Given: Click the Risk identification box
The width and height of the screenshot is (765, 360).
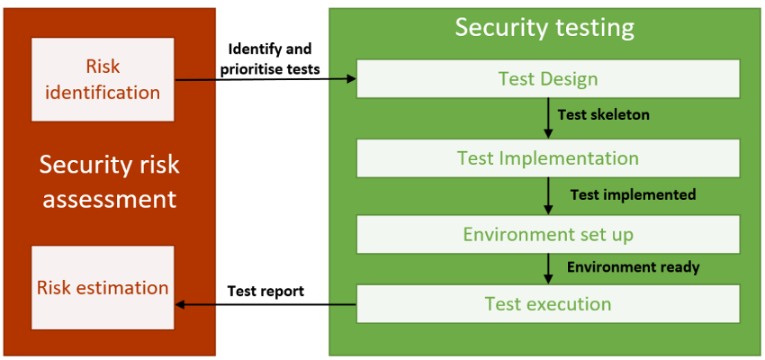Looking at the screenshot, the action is [x=103, y=79].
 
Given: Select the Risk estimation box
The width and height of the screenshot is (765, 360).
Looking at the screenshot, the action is [x=103, y=287].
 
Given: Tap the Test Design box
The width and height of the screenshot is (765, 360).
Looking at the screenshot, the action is [x=548, y=78].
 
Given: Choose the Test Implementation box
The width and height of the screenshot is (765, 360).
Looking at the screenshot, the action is [x=548, y=158].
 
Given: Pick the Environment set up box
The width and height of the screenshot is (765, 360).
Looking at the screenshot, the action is [x=548, y=234].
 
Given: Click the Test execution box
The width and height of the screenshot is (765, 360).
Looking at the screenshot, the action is [x=548, y=303].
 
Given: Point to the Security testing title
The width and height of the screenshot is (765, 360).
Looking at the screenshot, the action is [x=544, y=28].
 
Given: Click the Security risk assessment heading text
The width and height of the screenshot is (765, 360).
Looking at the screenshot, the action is [x=109, y=182].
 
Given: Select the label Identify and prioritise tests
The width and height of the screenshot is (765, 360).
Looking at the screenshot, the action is [x=270, y=59].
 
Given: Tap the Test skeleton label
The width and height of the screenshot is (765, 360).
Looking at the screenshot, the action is [x=604, y=114].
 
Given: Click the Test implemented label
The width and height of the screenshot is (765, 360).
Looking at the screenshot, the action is [x=633, y=194].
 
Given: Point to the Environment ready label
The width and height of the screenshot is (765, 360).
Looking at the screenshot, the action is [x=634, y=266].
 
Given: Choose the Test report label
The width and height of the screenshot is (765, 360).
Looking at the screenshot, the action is [x=265, y=292].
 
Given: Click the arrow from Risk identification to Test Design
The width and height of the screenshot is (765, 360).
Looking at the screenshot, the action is [x=265, y=79].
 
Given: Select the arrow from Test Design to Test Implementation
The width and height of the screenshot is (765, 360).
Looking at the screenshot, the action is [x=548, y=119].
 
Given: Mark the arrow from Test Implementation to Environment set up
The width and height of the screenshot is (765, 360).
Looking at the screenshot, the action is [x=548, y=196].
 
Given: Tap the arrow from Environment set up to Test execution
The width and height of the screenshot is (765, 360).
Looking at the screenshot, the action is [x=548, y=269].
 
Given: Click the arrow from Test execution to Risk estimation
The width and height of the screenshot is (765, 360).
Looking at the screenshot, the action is [x=265, y=304].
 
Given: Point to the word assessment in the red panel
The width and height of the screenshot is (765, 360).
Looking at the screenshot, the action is [x=109, y=199].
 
